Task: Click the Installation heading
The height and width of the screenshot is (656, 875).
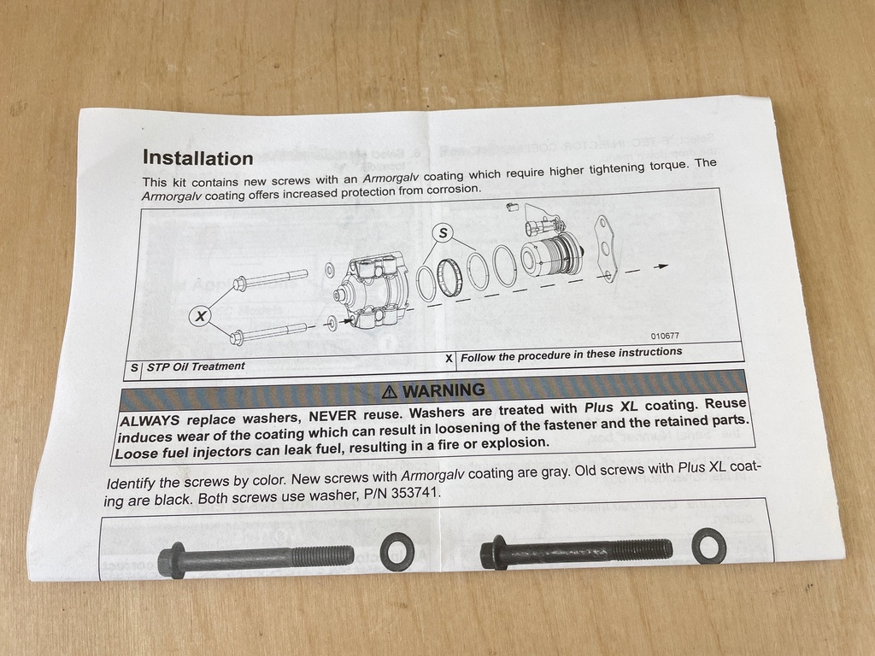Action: click(x=197, y=158)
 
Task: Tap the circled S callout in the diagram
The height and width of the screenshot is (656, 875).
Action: click(x=443, y=232)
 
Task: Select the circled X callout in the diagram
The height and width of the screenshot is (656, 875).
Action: click(x=200, y=316)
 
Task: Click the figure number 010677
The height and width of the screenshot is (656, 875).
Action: click(x=665, y=336)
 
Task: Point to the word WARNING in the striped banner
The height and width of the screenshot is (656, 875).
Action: click(x=444, y=390)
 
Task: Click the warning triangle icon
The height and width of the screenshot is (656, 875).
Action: click(x=390, y=392)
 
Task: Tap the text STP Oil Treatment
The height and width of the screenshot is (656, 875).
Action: click(x=196, y=366)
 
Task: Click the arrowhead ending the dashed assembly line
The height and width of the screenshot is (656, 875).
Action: click(x=661, y=266)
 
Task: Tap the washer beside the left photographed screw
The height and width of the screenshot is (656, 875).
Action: click(x=397, y=552)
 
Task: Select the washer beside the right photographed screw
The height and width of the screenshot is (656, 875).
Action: click(x=708, y=546)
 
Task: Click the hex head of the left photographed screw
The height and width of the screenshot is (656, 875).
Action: click(x=172, y=560)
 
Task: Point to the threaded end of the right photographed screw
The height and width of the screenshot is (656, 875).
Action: click(x=651, y=548)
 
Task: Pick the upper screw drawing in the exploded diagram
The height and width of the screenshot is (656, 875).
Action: click(x=271, y=279)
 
